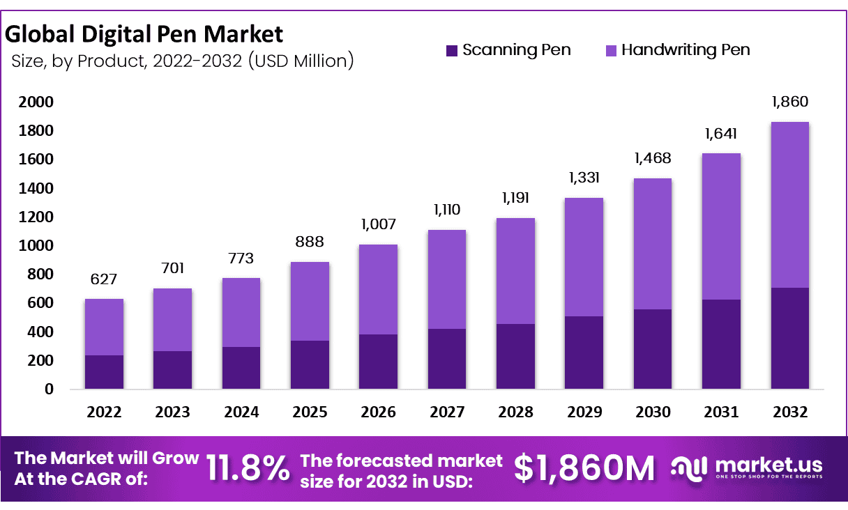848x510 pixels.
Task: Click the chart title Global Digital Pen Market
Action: tap(144, 34)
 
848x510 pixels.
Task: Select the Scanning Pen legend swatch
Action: tap(452, 50)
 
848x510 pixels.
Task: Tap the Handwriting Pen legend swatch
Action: tap(611, 50)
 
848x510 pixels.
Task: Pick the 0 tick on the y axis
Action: tap(49, 389)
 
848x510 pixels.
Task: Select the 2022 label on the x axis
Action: tap(104, 412)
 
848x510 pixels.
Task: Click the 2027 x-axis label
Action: tap(447, 412)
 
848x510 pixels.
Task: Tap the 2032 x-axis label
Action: tap(790, 412)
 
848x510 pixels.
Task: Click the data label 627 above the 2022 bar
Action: tap(104, 279)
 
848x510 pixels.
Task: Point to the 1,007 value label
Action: tap(379, 224)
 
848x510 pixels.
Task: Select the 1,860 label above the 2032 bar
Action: tap(790, 102)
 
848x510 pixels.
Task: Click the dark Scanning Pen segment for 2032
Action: tap(790, 338)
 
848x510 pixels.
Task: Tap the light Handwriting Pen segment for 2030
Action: tap(653, 244)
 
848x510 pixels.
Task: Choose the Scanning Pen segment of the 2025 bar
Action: tap(310, 364)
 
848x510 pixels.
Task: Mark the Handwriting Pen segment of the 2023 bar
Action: tap(172, 319)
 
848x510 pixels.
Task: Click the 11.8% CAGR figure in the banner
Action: tap(248, 469)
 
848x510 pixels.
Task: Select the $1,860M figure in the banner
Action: tap(584, 469)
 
